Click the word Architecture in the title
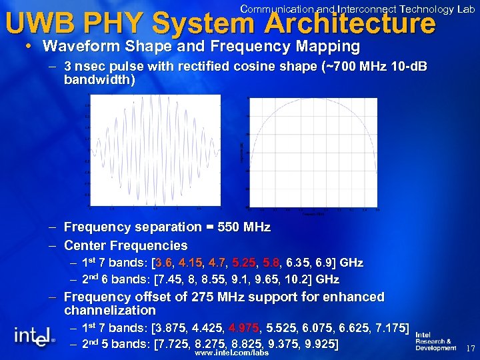pyautogui.click(x=349, y=24)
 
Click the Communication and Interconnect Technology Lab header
pyautogui.click(x=357, y=9)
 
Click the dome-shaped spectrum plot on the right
pyautogui.click(x=312, y=153)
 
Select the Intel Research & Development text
pyautogui.click(x=436, y=341)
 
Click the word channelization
pyautogui.click(x=110, y=310)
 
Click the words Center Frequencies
pyautogui.click(x=125, y=245)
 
